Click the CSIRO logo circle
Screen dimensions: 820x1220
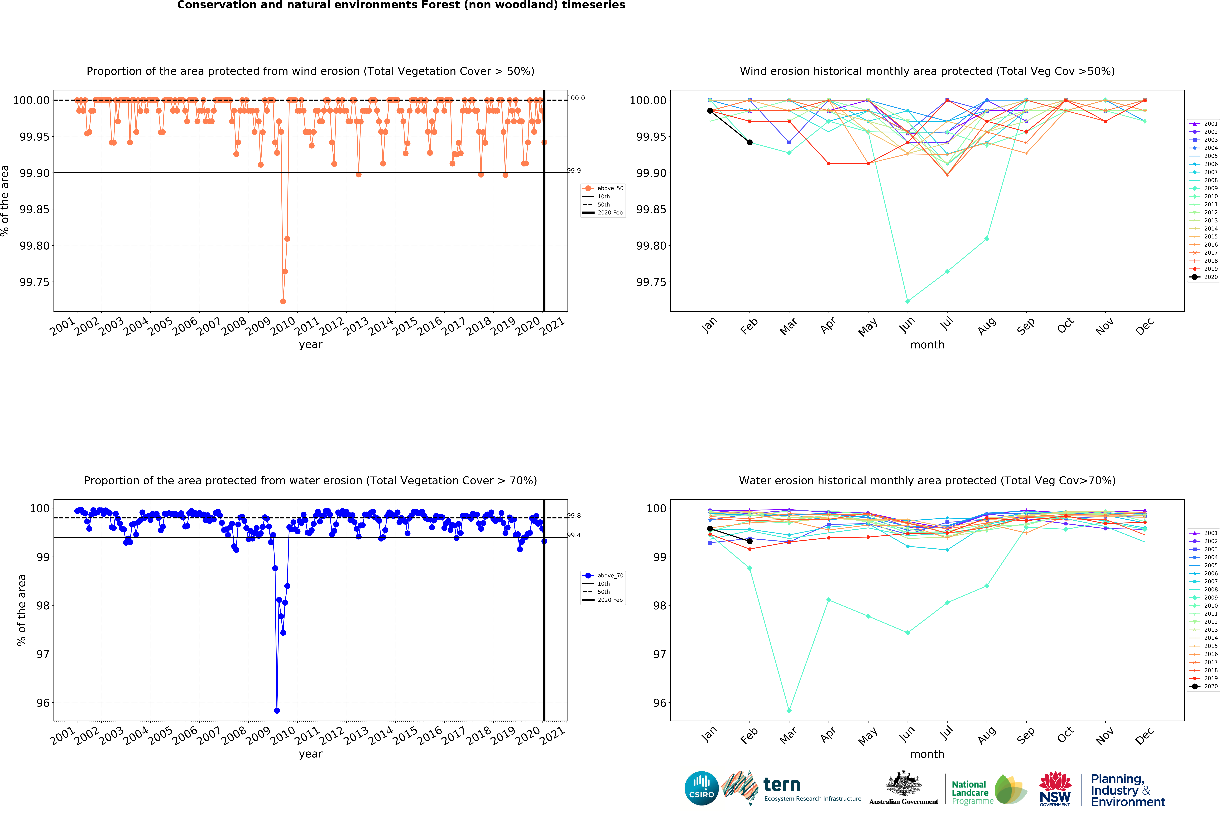701,788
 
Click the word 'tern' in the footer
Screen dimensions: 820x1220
782,784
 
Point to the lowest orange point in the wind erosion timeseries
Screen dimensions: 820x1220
283,301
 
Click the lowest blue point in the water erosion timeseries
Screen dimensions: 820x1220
277,711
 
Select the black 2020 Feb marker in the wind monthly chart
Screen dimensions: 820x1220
749,142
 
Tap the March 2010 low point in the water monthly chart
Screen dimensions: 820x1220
789,711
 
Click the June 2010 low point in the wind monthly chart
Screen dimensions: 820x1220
907,301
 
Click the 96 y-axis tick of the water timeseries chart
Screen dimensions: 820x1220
43,703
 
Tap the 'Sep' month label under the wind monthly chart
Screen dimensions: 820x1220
1025,326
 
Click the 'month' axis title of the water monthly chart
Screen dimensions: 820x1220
927,754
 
